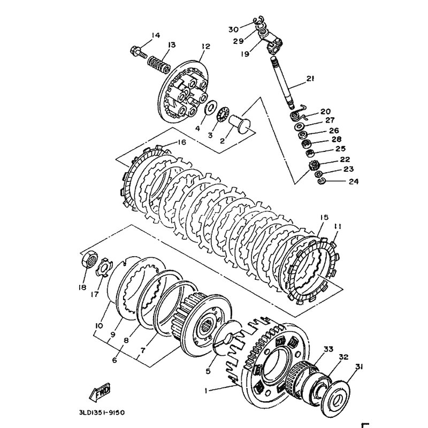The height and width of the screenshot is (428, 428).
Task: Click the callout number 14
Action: coord(155,35)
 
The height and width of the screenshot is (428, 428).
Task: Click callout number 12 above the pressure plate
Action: coord(203,47)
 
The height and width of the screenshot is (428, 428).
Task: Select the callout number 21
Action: coord(310,80)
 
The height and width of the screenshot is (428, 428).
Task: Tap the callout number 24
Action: coord(338,182)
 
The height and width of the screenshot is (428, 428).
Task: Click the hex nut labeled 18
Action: coord(90,261)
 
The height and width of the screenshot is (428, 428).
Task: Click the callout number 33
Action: coord(328,349)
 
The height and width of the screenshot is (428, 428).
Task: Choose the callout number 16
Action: coord(181,142)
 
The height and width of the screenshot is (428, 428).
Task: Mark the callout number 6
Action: coord(114,360)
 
